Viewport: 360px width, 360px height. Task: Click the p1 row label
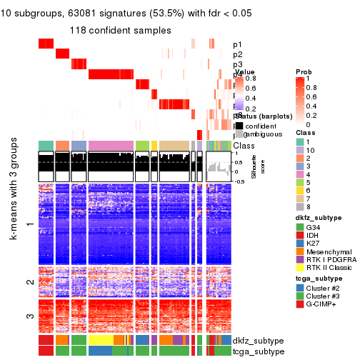pyautogui.click(x=238, y=44)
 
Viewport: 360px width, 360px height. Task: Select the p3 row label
pyautogui.click(x=238, y=64)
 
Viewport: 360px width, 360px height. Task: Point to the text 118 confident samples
pyautogui.click(x=120, y=30)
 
